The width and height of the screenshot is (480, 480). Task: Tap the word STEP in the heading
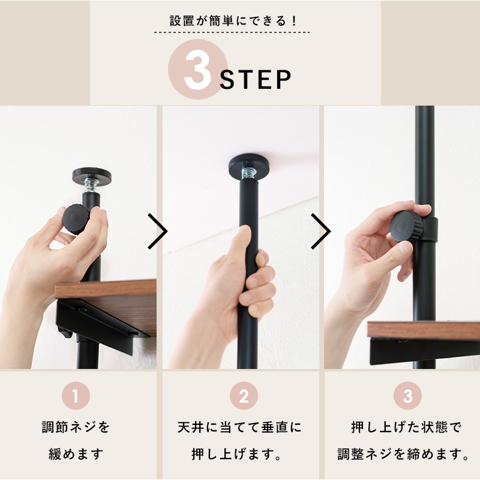(x=256, y=79)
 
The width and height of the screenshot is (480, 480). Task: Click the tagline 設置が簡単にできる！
(x=240, y=20)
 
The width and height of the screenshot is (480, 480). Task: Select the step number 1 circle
(x=76, y=397)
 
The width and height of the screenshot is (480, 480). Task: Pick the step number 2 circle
(x=244, y=397)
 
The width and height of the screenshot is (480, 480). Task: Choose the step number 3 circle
(x=407, y=397)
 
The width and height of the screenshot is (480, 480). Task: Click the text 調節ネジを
(x=76, y=428)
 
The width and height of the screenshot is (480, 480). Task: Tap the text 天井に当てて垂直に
(x=239, y=428)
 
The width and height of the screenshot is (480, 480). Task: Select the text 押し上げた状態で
(x=406, y=428)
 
